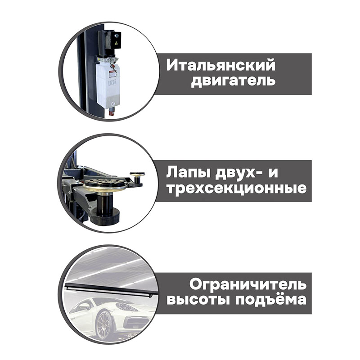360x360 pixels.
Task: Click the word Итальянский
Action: (220, 65)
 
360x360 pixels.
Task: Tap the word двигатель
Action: (233, 81)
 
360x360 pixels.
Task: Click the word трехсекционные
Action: (237, 189)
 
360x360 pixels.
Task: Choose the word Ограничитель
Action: (248, 285)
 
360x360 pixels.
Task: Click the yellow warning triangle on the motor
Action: (117, 43)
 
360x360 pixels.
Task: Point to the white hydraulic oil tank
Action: (108, 84)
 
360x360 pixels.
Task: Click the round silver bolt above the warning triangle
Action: (117, 36)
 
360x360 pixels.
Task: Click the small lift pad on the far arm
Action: (137, 175)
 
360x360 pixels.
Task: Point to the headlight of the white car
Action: (124, 306)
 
